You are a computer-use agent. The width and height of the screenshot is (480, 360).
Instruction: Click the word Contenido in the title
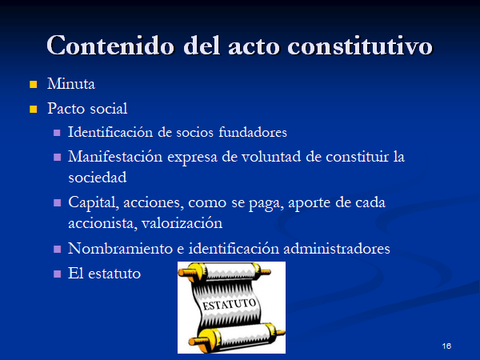[x=110, y=46]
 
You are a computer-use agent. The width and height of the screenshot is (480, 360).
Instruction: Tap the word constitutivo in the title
[x=360, y=46]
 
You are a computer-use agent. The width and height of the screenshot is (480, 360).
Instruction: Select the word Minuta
[x=71, y=83]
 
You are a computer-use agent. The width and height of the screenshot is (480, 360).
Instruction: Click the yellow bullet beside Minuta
[x=33, y=84]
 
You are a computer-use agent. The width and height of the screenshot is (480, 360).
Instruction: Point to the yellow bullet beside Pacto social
[x=33, y=109]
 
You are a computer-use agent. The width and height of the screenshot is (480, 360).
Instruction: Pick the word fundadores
[x=253, y=132]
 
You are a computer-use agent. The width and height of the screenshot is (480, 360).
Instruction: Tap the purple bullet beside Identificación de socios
[x=57, y=133]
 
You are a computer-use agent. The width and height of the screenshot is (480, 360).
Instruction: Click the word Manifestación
[x=115, y=157]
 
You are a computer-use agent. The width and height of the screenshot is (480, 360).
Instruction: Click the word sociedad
[x=98, y=178]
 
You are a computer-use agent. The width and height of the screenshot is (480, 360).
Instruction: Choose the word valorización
[x=182, y=223]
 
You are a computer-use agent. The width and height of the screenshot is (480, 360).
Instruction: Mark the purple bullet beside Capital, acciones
[x=57, y=203]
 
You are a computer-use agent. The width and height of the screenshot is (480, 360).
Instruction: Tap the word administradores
[x=337, y=248]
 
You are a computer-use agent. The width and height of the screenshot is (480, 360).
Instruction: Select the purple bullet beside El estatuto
[x=57, y=274]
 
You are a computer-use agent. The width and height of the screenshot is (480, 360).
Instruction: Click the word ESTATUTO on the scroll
[x=230, y=305]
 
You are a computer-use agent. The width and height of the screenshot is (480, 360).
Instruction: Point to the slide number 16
[x=446, y=346]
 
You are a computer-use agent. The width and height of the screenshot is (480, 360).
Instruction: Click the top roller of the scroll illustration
[x=225, y=272]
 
